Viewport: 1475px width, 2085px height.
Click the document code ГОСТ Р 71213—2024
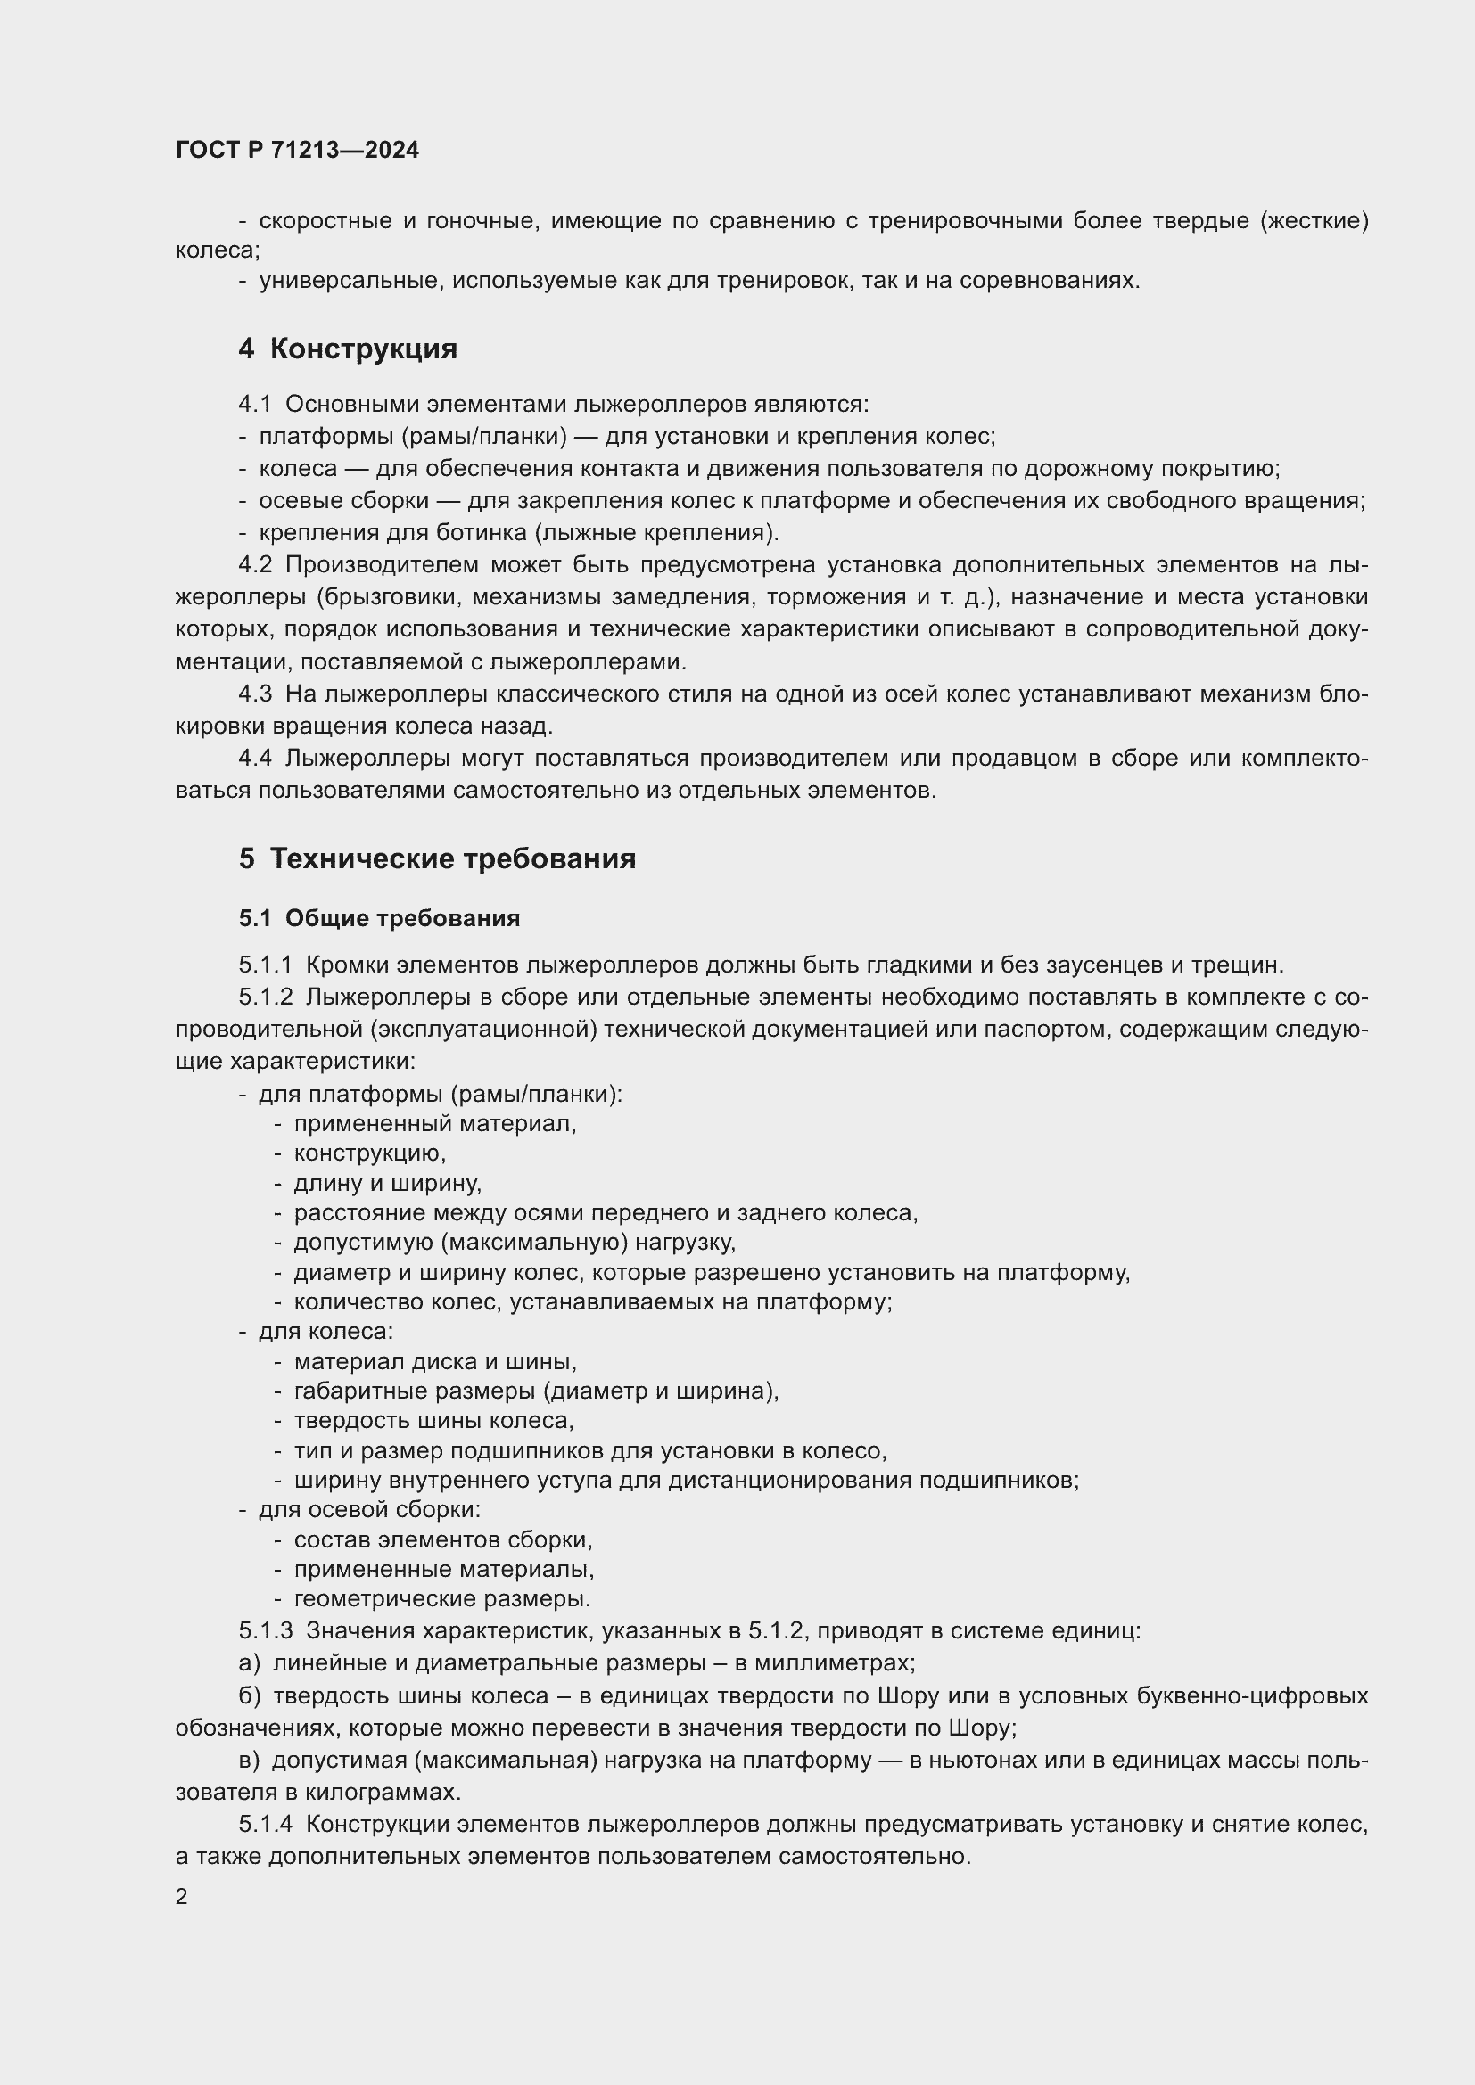click(297, 150)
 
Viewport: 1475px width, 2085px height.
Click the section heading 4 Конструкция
click(348, 349)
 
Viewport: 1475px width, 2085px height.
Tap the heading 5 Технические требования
click(437, 858)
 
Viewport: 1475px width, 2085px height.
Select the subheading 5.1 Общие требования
click(380, 918)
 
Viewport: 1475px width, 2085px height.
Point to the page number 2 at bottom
click(182, 1896)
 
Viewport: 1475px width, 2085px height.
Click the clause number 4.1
click(254, 404)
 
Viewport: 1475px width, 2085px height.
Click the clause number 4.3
click(255, 694)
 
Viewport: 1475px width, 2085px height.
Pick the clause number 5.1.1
click(265, 965)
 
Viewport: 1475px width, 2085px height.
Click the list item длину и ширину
click(388, 1183)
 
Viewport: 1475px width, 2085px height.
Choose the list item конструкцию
click(370, 1153)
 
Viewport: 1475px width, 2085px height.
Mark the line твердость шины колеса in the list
click(433, 1419)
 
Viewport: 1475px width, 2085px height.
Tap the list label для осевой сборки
click(370, 1509)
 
